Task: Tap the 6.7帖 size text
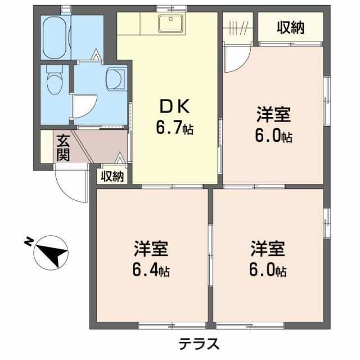point(174,129)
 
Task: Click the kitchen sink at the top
point(170,24)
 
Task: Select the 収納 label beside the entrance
point(112,176)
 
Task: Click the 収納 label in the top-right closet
point(290,27)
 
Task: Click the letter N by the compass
point(28,242)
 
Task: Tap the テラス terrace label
point(199,343)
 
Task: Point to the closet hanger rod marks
point(238,28)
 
